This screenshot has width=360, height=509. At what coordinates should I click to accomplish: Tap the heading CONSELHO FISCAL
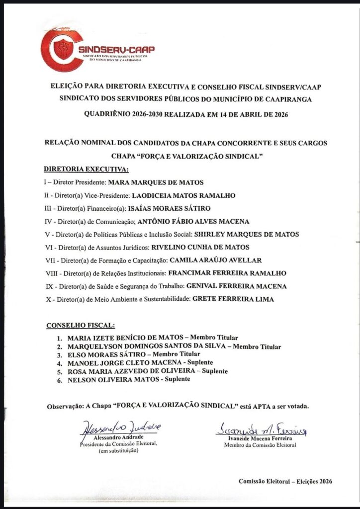[x=80, y=326]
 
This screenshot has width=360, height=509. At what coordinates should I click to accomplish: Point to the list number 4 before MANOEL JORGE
[x=58, y=363]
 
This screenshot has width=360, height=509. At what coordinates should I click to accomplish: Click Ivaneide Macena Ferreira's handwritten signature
[x=262, y=429]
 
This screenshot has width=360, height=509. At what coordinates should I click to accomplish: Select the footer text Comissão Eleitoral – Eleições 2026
[x=285, y=481]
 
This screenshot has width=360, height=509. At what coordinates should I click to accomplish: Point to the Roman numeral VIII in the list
[x=51, y=273]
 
